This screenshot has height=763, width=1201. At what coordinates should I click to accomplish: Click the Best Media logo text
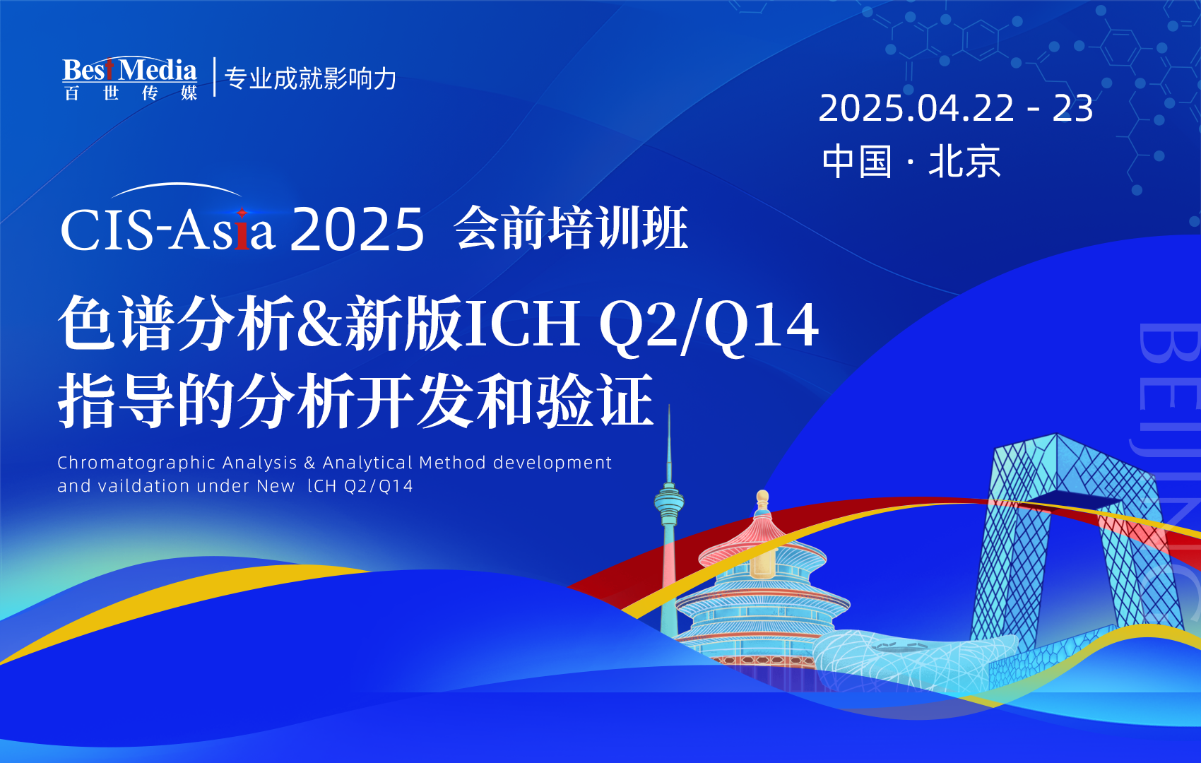pos(130,71)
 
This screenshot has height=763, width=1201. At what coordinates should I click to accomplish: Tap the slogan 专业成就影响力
pos(311,78)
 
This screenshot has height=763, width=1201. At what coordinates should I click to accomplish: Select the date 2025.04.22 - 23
pos(955,109)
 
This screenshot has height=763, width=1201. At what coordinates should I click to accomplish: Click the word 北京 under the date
pos(964,162)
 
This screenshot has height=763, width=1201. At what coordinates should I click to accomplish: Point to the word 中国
pos(857,162)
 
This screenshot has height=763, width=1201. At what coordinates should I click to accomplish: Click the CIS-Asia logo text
pos(167,230)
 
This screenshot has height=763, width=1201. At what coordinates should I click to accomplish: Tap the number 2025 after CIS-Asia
pos(357,230)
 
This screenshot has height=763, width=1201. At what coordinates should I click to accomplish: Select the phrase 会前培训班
pos(571,228)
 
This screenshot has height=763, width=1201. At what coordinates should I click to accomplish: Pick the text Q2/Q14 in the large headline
pos(709,326)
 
